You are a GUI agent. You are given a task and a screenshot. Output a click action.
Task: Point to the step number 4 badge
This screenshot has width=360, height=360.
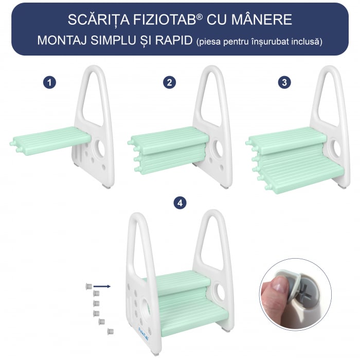tap(179, 203)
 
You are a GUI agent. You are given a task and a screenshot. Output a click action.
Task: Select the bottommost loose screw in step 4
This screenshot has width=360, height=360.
tap(110, 331)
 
